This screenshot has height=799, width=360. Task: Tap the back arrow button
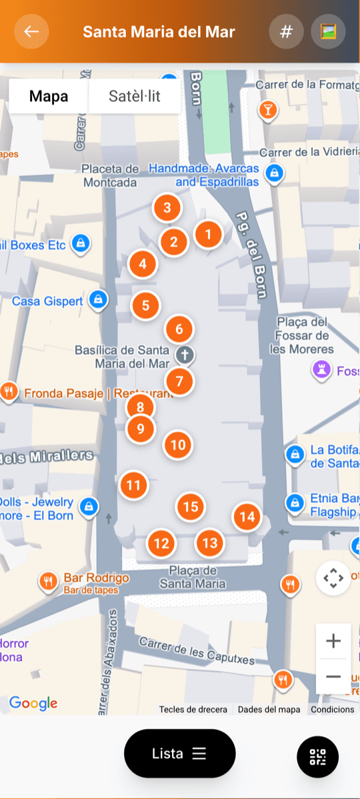[x=31, y=31]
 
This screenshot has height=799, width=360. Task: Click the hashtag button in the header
[x=286, y=31]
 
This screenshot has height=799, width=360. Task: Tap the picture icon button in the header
[x=328, y=31]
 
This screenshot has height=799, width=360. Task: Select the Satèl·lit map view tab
[x=134, y=97]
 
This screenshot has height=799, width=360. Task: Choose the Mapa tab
[x=49, y=97]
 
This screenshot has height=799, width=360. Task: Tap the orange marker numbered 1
[x=209, y=234]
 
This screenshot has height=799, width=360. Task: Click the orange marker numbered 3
[x=167, y=207]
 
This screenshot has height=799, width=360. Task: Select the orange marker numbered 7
[x=179, y=382]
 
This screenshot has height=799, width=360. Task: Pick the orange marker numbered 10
[x=178, y=445]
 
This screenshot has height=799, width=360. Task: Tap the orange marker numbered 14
[x=247, y=516]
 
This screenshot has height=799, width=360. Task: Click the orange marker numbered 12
[x=161, y=543]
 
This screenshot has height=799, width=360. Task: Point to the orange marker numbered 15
[x=191, y=507]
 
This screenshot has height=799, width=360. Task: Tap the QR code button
[x=317, y=756]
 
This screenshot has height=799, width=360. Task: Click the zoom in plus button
[x=333, y=642]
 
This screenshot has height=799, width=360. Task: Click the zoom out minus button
[x=333, y=676]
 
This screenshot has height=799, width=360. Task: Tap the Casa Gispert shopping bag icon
[x=99, y=299]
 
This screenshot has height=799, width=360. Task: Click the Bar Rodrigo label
[x=96, y=578]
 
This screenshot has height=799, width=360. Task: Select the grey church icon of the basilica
[x=185, y=355]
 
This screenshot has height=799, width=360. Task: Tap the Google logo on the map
[x=33, y=703]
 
